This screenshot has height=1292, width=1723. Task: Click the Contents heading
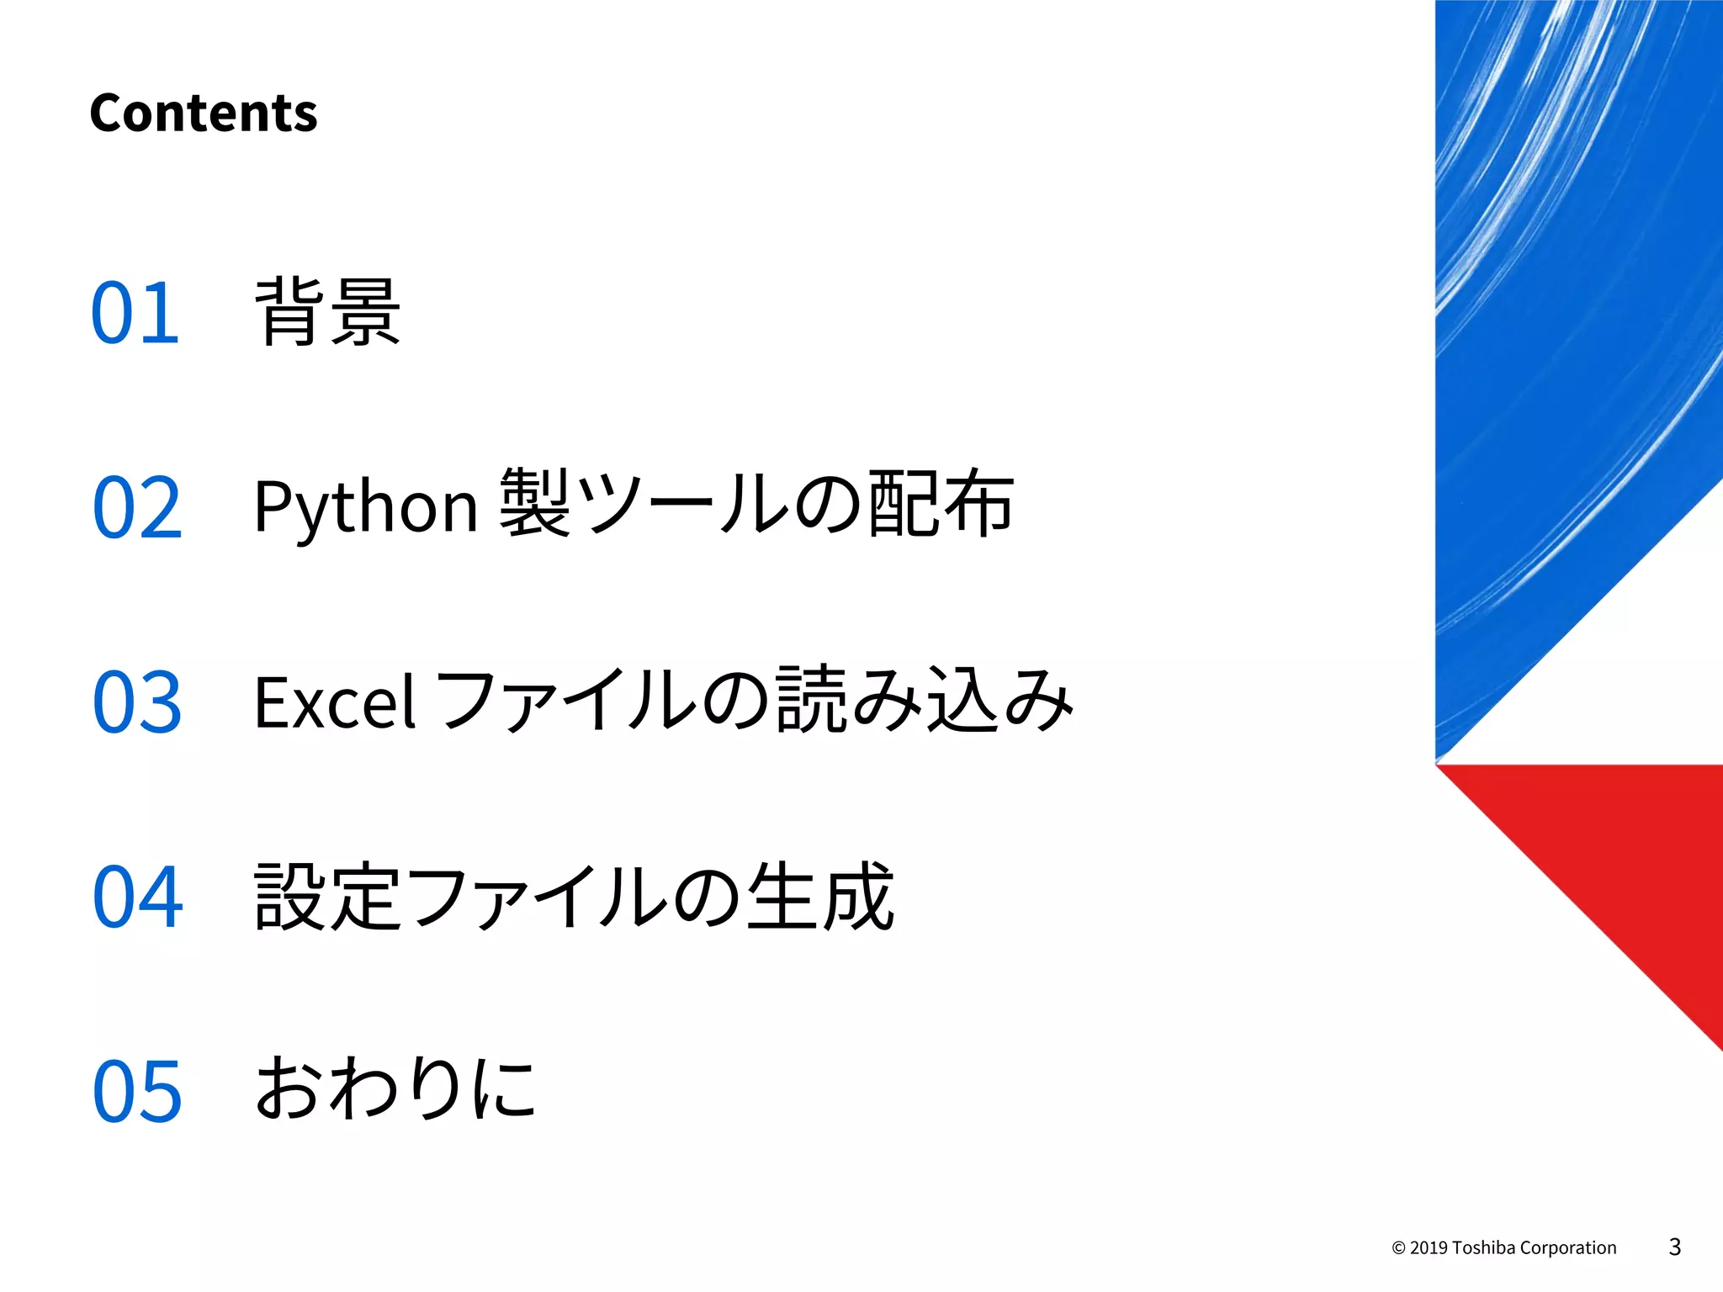point(203,114)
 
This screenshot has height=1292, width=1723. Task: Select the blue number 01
point(135,313)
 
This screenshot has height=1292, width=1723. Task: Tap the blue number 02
point(137,507)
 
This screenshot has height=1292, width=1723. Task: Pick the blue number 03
point(137,702)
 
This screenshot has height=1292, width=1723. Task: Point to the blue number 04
point(137,897)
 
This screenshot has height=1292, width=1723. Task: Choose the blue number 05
point(137,1091)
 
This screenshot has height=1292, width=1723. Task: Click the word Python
point(366,507)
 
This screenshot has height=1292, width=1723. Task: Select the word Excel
point(335,702)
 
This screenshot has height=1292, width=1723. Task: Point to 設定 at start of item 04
point(327,897)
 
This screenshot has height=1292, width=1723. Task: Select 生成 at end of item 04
point(820,897)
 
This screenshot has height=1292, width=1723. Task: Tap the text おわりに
point(395,1088)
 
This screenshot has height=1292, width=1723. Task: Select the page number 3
point(1674,1247)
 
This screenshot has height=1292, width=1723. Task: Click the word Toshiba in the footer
point(1484,1248)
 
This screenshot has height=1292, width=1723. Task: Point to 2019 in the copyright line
point(1429,1248)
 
